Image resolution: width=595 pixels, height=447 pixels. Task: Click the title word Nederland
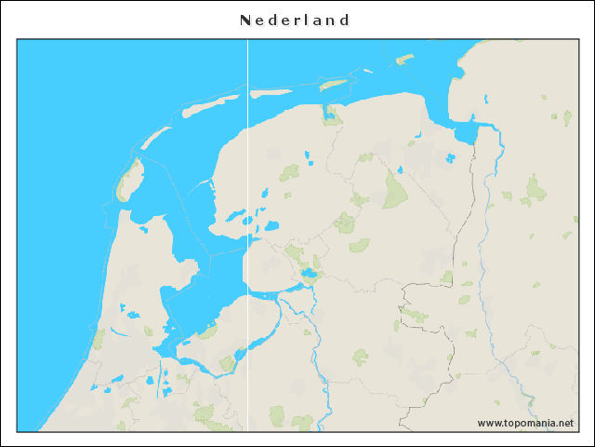[x=295, y=20]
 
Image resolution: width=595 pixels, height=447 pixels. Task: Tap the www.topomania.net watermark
[x=525, y=423]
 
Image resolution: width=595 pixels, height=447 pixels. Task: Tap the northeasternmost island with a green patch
[x=403, y=60]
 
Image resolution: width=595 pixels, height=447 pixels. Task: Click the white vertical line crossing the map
[x=247, y=233]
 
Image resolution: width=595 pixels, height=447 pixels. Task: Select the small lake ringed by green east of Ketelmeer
[x=308, y=275]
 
